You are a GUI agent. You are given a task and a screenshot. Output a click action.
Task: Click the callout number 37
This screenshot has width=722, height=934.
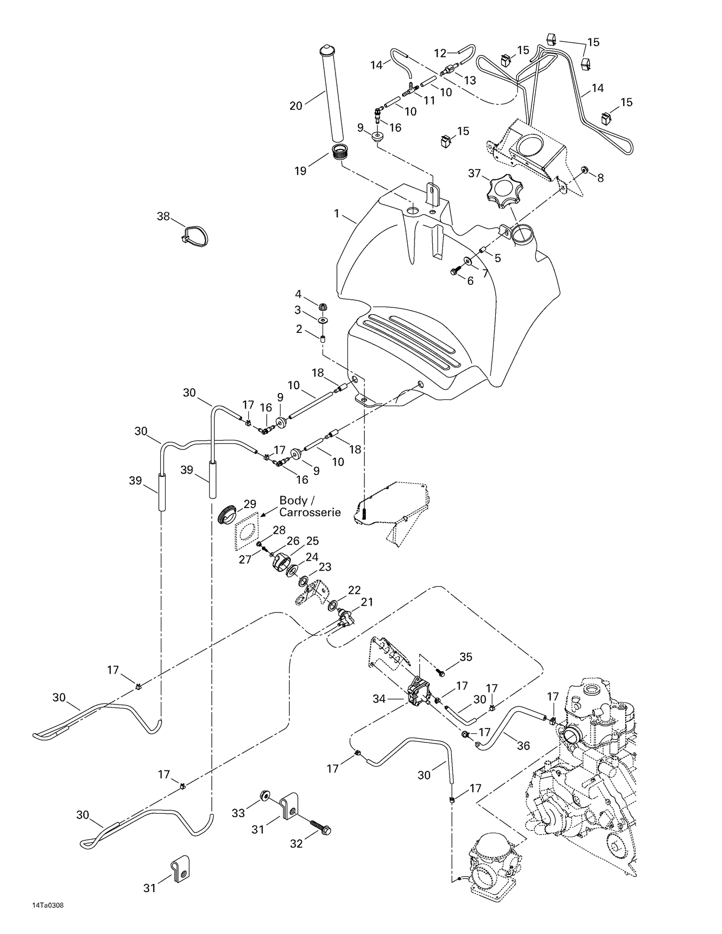(475, 173)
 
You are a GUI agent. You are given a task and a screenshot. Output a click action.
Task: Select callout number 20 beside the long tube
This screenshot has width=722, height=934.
(296, 105)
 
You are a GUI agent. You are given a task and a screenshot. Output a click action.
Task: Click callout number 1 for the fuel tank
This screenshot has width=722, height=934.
(337, 213)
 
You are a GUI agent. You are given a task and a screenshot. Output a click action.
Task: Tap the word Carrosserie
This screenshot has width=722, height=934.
(310, 512)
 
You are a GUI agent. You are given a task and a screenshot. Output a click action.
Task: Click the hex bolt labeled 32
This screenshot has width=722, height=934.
(321, 828)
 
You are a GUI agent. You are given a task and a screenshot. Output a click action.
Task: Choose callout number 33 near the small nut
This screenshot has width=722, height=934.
(238, 813)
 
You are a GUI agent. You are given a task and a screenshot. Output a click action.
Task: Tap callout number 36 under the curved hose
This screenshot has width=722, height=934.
(523, 745)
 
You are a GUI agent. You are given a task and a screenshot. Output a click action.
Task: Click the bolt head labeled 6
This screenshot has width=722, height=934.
(454, 272)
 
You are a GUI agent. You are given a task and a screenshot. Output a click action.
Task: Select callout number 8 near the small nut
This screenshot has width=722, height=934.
(600, 178)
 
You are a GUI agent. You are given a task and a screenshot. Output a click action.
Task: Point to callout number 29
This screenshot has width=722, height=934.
(250, 504)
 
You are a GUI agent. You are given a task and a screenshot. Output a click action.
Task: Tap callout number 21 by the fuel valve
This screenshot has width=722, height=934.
(367, 602)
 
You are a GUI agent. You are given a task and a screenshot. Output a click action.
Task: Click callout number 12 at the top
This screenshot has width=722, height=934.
(440, 52)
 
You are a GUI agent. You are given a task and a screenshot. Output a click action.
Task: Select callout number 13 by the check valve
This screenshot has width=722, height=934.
(469, 80)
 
